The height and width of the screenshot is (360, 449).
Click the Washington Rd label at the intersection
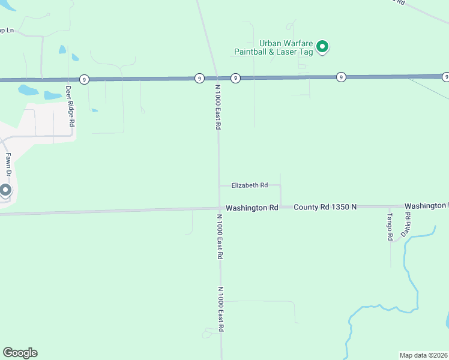point(252,208)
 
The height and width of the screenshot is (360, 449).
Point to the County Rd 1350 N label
point(325,207)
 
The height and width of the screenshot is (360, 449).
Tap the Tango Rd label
point(390,227)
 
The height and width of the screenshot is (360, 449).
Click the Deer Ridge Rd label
point(70,106)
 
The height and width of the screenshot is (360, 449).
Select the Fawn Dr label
point(8,164)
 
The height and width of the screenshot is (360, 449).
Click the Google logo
point(20,353)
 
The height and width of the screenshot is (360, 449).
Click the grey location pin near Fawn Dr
point(6,191)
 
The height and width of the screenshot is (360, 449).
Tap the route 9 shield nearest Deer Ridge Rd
point(85,79)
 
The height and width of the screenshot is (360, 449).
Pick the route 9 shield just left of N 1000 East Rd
point(199,79)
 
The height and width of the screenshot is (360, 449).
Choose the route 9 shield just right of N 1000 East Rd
point(235,78)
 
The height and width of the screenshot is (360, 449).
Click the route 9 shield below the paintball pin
point(341,77)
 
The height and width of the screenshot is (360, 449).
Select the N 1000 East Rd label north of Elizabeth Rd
point(218,107)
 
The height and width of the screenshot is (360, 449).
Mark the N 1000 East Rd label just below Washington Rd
point(220,238)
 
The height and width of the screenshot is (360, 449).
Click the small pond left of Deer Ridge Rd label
point(50,95)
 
